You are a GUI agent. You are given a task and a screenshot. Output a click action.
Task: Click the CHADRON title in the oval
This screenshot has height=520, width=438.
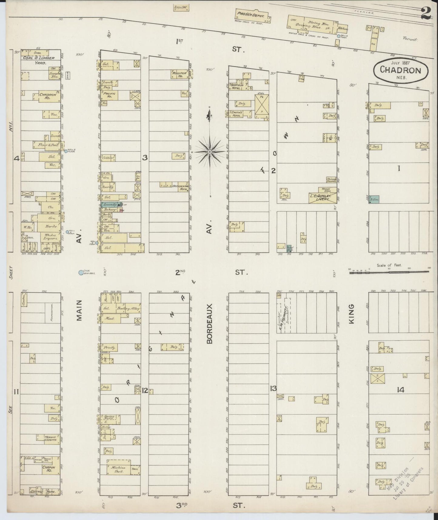[x=401, y=71]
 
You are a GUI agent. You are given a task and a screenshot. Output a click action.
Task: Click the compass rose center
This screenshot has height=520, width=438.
[x=210, y=151]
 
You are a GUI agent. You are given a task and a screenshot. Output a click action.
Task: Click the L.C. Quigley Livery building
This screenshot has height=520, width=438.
[x=322, y=198]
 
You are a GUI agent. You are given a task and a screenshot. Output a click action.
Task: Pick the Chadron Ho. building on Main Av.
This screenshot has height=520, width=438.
[x=48, y=95]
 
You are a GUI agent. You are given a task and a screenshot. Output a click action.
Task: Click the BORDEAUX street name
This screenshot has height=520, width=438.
[x=210, y=324]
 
